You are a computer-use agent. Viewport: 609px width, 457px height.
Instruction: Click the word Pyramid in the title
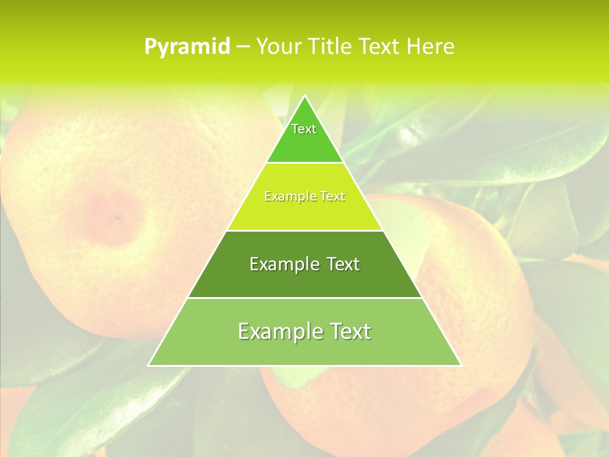[187, 47]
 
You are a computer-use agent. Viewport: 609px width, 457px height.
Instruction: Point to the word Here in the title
[431, 47]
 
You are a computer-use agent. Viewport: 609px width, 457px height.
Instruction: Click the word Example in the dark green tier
[282, 264]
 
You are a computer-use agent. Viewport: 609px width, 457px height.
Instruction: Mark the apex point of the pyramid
[304, 96]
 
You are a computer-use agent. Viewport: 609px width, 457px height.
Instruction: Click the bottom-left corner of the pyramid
[148, 365]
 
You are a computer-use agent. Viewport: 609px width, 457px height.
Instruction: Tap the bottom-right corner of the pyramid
[461, 365]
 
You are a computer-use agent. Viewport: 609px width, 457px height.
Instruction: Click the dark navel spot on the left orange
[117, 218]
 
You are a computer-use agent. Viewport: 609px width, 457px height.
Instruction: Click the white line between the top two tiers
[304, 162]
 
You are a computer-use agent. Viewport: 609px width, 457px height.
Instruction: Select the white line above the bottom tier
[304, 298]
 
